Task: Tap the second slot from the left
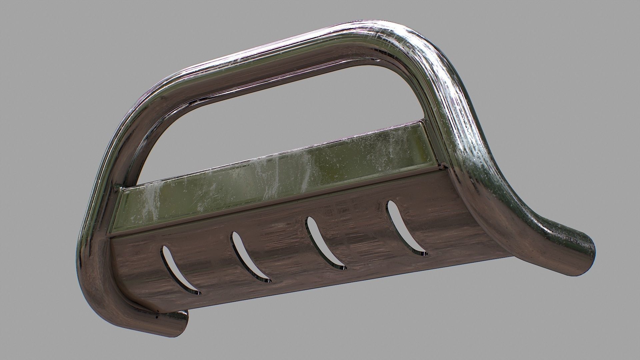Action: pos(250,258)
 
